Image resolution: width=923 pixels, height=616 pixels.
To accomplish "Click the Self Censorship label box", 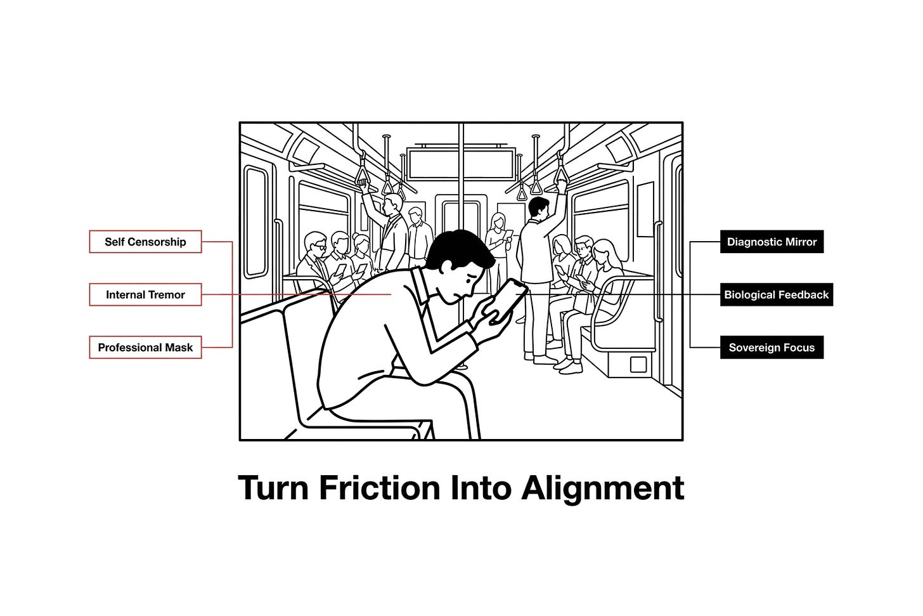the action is [145, 242].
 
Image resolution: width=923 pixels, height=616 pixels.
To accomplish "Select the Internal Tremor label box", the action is [145, 294].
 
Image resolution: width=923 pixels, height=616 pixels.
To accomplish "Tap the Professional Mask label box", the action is [145, 347].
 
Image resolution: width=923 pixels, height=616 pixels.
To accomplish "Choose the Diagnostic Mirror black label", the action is [771, 242].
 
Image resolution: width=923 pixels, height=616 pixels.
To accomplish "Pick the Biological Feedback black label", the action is [777, 294].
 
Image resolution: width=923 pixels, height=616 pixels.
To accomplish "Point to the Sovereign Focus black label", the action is [771, 347].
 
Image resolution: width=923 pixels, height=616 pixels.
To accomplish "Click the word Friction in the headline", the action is [380, 488].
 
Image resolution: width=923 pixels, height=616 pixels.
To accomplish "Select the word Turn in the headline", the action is [273, 488].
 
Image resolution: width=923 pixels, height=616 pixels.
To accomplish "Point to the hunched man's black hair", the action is [458, 249].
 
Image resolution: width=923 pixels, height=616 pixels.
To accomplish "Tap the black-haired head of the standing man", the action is [539, 207].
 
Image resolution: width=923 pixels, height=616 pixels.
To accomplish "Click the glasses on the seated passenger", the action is [319, 247].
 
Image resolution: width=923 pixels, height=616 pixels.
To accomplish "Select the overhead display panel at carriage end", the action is [461, 163].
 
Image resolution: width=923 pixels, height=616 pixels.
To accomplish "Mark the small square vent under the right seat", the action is [638, 365].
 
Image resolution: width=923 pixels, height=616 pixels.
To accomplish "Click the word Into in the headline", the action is [481, 488].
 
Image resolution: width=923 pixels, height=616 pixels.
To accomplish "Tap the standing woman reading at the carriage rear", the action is [498, 247].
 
